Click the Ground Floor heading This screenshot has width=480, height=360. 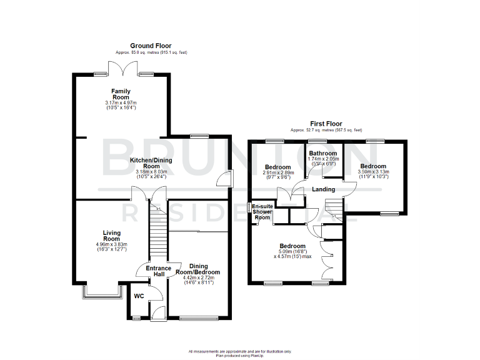150,46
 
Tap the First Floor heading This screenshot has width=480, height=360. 326,124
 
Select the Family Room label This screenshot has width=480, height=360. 121,94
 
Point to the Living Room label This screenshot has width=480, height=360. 111,235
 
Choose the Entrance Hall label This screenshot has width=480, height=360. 158,272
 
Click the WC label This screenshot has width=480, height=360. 139,296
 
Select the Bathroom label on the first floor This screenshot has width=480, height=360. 322,153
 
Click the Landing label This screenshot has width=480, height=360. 324,189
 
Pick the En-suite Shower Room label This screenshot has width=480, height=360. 262,211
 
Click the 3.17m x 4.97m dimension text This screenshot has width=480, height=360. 121,103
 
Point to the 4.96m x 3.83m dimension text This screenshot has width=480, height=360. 111,244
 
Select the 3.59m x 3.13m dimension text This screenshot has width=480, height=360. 373,172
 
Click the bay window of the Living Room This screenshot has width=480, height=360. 101,292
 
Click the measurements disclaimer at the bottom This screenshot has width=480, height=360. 240,353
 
